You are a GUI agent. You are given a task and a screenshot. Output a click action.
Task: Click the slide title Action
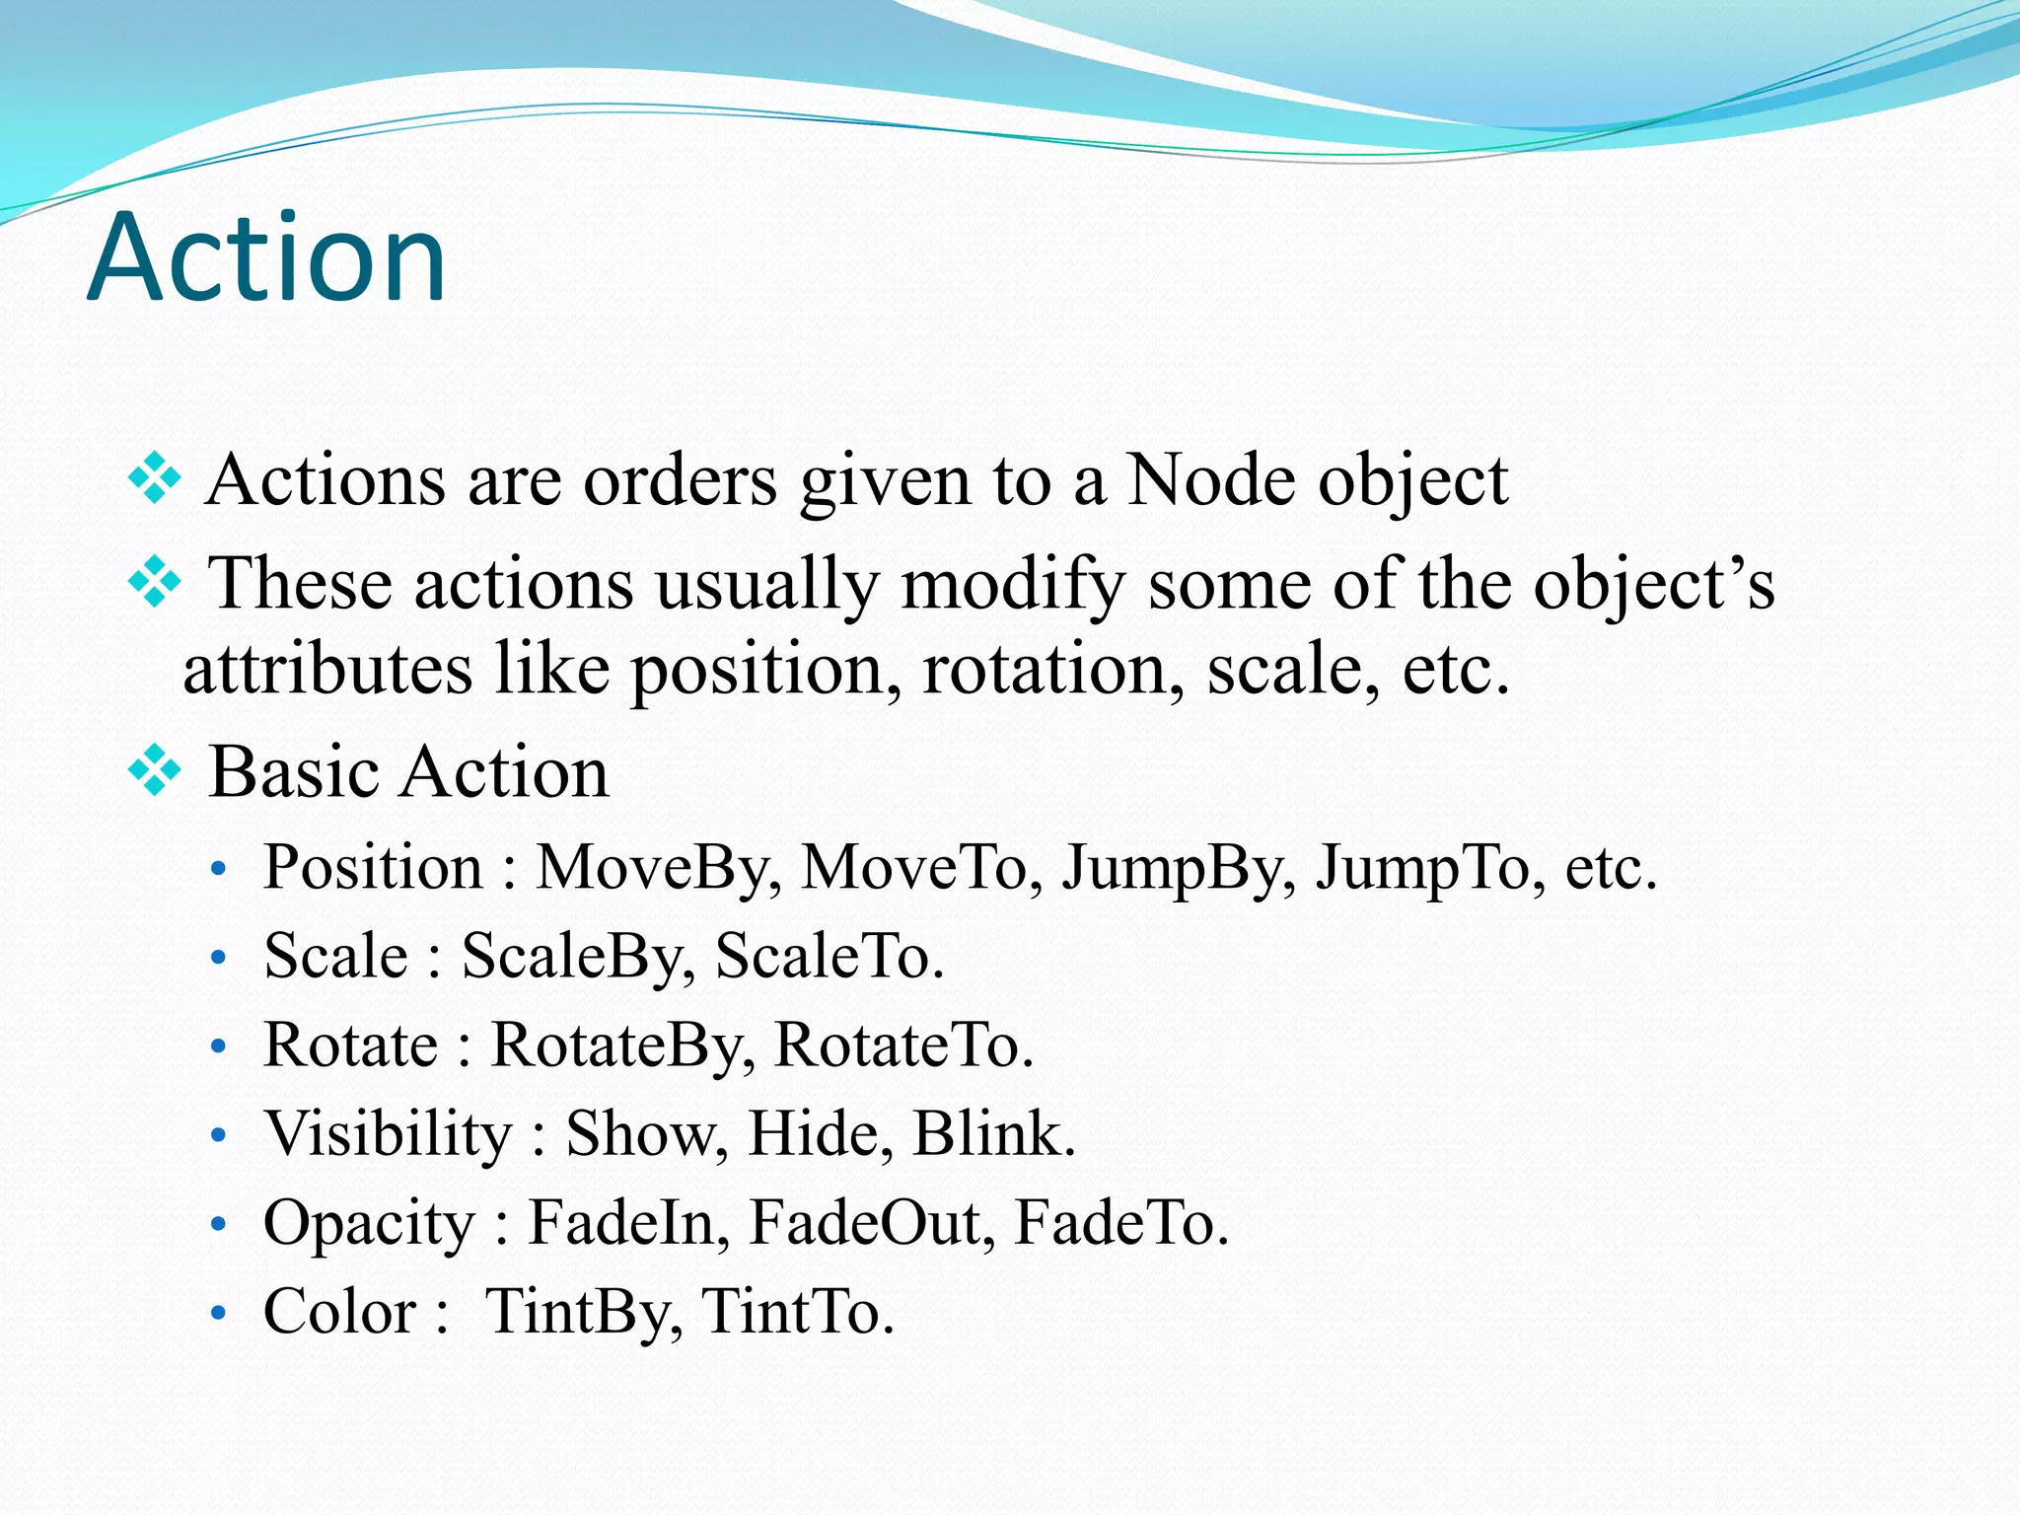(x=266, y=258)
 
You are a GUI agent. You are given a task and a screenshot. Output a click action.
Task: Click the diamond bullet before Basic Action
(x=155, y=770)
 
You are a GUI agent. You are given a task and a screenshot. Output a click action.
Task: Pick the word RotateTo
(x=902, y=1045)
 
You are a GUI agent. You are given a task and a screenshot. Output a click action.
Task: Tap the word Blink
(x=992, y=1133)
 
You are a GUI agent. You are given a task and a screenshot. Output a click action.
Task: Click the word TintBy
(x=583, y=1311)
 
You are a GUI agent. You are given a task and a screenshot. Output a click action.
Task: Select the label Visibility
(x=388, y=1133)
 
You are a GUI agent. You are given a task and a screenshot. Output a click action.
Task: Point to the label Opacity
(x=369, y=1223)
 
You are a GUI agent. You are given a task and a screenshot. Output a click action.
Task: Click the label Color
(x=340, y=1311)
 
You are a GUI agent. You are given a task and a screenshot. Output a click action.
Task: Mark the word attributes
(x=327, y=669)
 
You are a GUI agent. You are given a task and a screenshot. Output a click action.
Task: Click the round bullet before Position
(x=219, y=870)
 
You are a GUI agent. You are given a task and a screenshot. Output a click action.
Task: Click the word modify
(x=1012, y=584)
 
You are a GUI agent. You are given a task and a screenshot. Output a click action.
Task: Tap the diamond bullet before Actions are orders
(x=155, y=479)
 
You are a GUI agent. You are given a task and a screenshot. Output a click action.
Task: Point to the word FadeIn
(x=628, y=1222)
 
